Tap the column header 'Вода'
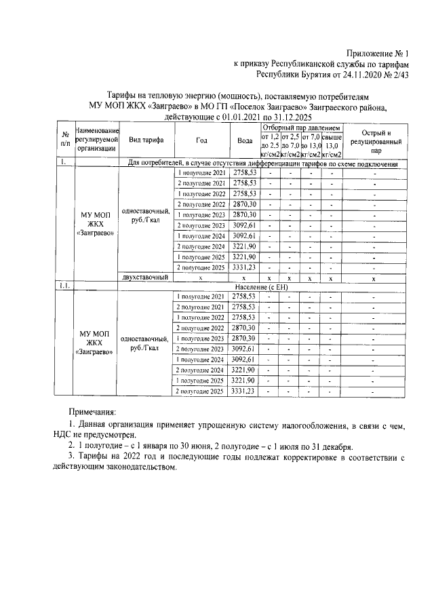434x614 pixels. (x=245, y=140)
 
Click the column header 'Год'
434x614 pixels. (x=201, y=140)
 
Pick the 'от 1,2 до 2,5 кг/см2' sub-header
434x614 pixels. (x=270, y=146)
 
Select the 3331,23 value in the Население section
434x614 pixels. (x=245, y=391)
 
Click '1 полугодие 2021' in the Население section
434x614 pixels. (x=201, y=296)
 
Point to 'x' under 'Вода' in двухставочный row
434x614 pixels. (x=245, y=277)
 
